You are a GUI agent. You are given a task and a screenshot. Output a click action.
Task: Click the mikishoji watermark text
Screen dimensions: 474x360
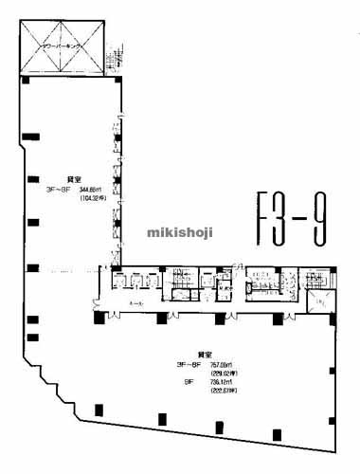click(179, 231)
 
